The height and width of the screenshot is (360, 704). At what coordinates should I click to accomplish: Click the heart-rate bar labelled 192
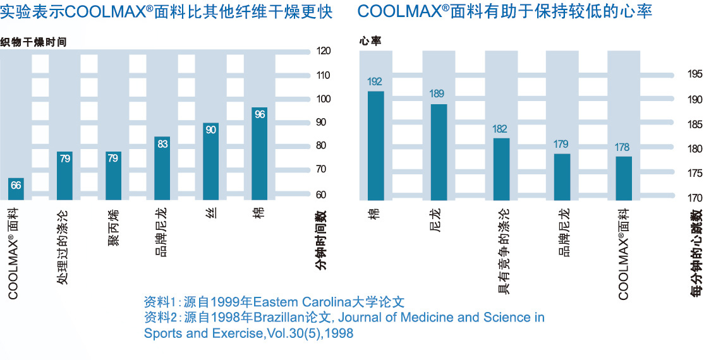coord(375,145)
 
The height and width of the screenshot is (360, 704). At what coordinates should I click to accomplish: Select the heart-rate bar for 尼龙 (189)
coord(439,152)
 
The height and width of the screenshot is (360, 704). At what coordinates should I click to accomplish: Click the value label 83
coord(162,144)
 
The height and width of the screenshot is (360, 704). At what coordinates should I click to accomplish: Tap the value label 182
coord(500,129)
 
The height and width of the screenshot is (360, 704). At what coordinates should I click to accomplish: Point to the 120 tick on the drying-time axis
coord(324,52)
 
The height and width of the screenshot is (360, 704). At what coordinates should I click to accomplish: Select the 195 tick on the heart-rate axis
coord(695,75)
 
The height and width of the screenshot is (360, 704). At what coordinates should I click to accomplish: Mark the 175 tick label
coord(695,173)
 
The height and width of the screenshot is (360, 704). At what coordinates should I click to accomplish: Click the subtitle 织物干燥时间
coord(33,42)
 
